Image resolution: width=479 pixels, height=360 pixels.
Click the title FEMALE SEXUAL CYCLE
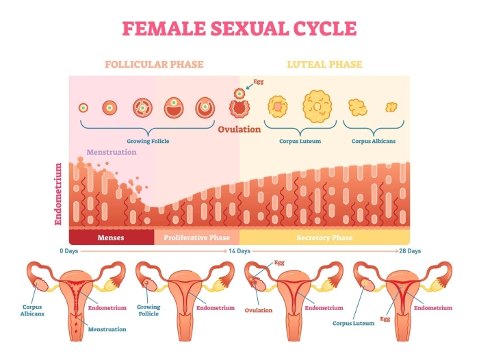239,29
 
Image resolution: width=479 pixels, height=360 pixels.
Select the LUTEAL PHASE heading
324,65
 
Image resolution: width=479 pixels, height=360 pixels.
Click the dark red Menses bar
111,237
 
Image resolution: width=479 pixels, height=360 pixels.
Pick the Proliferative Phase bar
196,237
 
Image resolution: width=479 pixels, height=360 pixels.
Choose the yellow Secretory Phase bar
324,237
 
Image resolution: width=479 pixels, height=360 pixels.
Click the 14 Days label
239,251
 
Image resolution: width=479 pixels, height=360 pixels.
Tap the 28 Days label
410,251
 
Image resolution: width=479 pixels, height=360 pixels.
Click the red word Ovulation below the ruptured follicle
239,129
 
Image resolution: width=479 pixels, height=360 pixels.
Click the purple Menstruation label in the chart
111,152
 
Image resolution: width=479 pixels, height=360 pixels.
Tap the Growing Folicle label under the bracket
148,141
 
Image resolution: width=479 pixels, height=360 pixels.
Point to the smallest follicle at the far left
83,107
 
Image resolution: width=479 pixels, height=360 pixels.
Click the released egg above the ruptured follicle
239,92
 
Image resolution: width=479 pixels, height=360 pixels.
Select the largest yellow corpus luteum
317,105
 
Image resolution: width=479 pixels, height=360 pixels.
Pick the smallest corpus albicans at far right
391,107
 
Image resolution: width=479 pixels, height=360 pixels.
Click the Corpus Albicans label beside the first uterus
32,311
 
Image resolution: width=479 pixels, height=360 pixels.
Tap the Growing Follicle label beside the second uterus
148,311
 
